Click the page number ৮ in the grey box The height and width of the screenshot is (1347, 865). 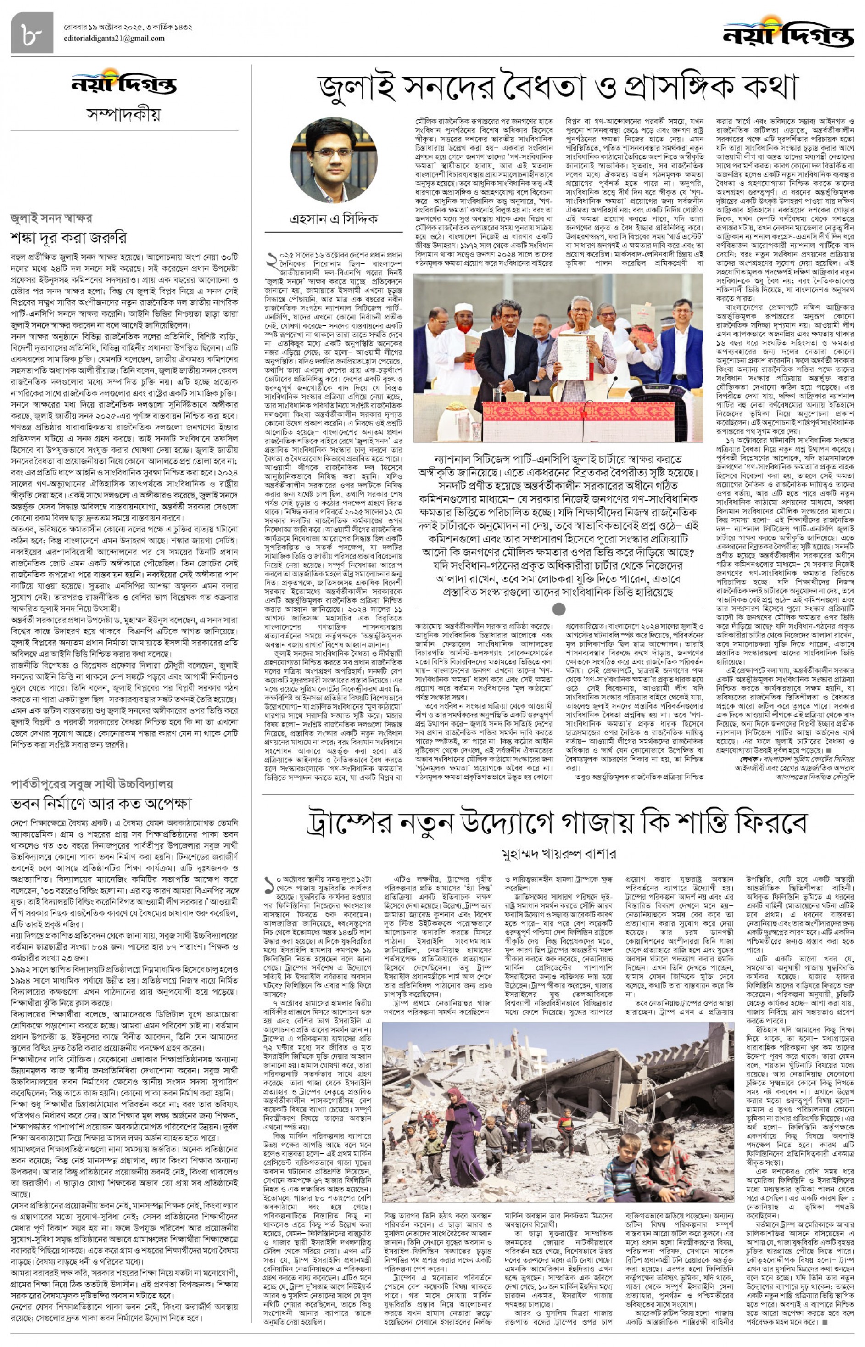(x=32, y=33)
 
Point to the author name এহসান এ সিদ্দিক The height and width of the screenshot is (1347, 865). (x=333, y=218)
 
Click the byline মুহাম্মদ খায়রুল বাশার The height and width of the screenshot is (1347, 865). (x=558, y=854)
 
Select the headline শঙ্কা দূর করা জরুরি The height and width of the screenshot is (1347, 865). (x=68, y=238)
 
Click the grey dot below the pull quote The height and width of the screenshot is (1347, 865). (x=558, y=609)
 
